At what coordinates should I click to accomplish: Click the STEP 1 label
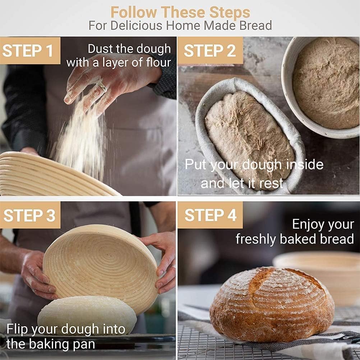pos(28,51)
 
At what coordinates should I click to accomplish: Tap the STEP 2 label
pos(210,51)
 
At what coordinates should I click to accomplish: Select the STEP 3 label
pos(29,215)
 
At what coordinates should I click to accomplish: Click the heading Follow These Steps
pos(180,12)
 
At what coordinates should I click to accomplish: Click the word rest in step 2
pos(272,183)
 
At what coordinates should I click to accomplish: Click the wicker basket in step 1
pos(47,176)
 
